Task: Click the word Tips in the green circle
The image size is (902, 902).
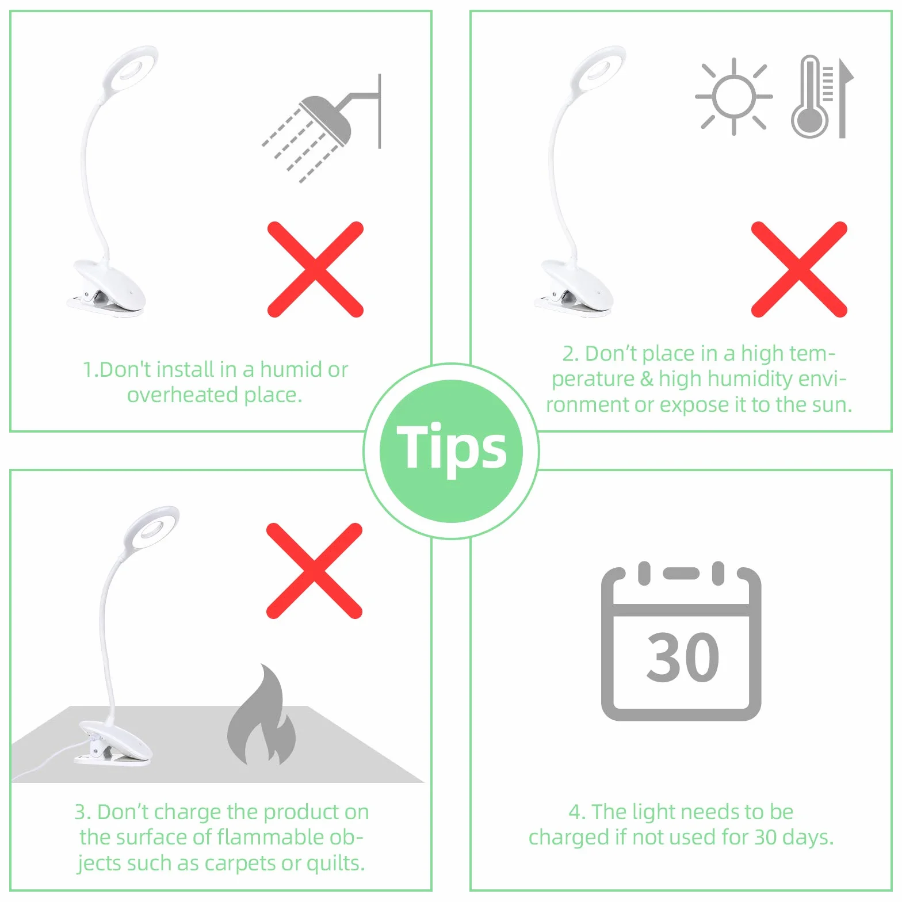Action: [452, 448]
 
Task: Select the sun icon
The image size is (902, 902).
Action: [733, 97]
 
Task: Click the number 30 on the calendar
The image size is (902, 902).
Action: [683, 657]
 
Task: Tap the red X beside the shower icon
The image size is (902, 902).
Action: [315, 269]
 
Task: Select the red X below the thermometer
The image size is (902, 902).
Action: [799, 269]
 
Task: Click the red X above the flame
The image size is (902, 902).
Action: [314, 571]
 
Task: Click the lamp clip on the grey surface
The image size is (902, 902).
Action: [114, 744]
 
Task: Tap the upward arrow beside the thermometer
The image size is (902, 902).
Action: [842, 98]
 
